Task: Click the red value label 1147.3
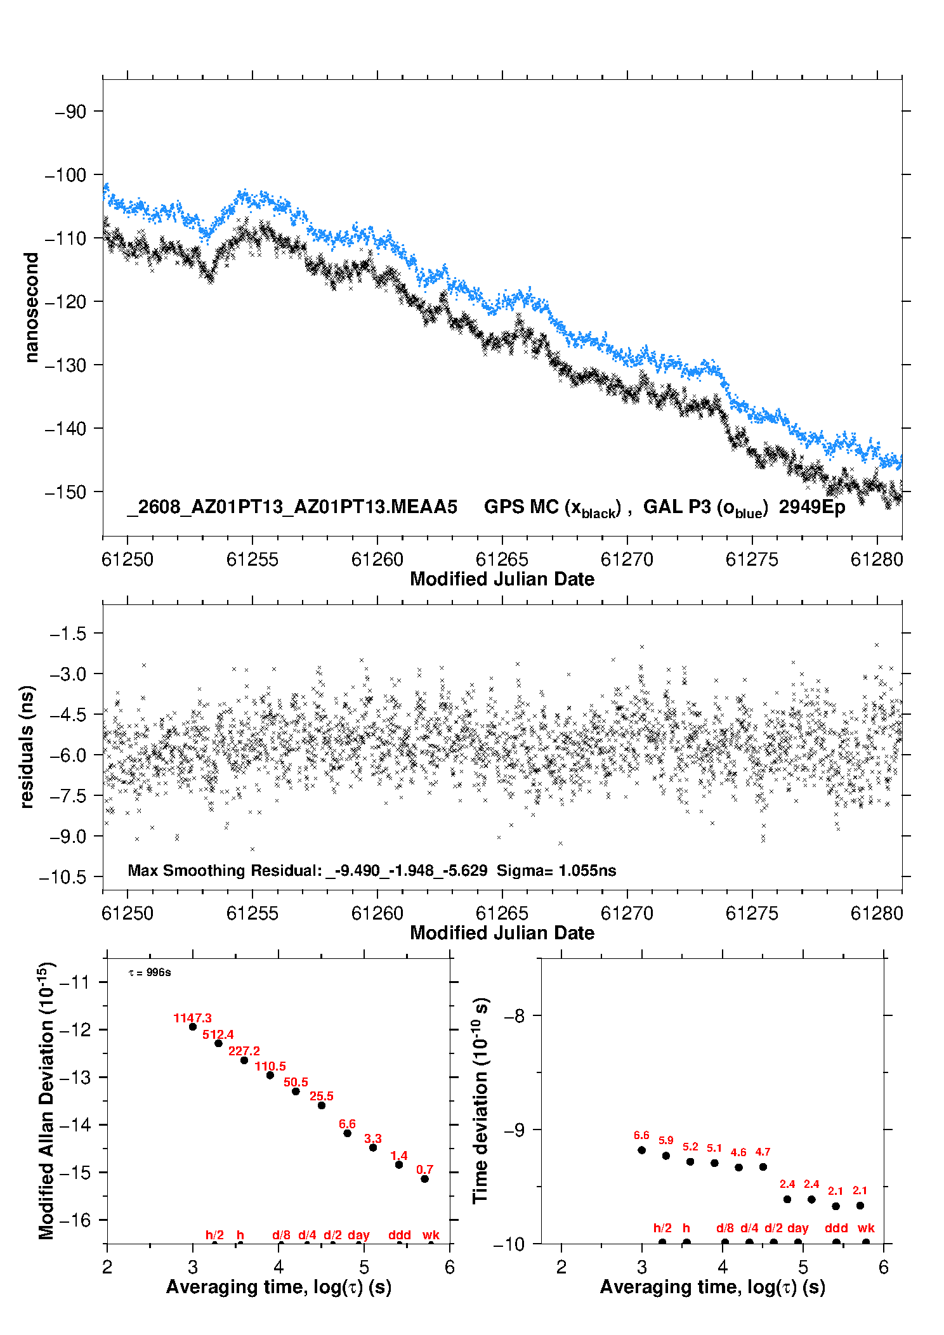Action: tap(192, 1018)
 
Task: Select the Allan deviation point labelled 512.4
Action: tap(218, 1043)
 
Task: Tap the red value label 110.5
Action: tap(270, 1066)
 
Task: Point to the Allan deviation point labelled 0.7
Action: tap(424, 1179)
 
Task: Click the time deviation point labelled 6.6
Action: tap(641, 1150)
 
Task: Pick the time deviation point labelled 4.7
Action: tap(763, 1167)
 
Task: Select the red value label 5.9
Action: tap(665, 1140)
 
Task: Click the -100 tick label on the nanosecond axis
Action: tap(65, 174)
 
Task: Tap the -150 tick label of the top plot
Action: tap(65, 492)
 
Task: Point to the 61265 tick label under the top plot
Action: tap(502, 559)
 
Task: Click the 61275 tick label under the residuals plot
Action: tap(752, 913)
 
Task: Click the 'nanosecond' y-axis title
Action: tap(31, 308)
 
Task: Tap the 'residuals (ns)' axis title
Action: tap(27, 747)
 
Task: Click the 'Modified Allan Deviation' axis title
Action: tap(46, 1100)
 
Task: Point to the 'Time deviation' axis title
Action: tap(480, 1101)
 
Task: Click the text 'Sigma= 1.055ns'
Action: tap(556, 870)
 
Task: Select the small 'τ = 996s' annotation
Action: tap(150, 972)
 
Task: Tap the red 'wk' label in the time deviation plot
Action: tap(866, 1228)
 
